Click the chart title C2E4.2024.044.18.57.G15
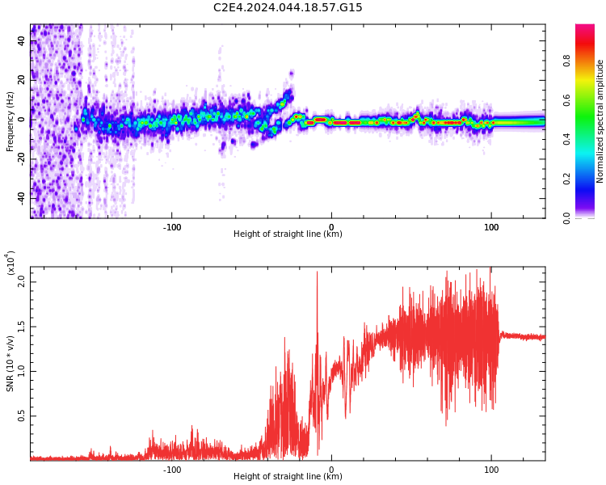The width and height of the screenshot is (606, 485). click(288, 8)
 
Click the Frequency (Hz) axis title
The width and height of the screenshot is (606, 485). click(11, 121)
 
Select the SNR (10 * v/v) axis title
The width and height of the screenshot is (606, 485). click(11, 363)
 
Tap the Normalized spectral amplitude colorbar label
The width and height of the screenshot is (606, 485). click(600, 121)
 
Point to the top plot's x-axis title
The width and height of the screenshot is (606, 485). click(288, 234)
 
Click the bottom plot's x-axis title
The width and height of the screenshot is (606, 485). click(288, 477)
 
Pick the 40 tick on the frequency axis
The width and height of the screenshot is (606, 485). click(22, 42)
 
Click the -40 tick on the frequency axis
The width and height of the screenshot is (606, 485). click(20, 196)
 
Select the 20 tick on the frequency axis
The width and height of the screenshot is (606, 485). click(22, 81)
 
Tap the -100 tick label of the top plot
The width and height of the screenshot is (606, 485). click(171, 227)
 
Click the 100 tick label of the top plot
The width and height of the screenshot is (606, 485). click(490, 227)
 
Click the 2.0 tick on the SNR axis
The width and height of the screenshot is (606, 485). click(22, 281)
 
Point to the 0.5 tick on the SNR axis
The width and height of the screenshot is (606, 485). click(22, 417)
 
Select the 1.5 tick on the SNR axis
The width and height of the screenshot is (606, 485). click(22, 327)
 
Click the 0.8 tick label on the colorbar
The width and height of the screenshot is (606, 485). click(589, 61)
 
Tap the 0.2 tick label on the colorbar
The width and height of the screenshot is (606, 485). click(589, 179)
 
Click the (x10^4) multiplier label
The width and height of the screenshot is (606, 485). click(11, 264)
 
